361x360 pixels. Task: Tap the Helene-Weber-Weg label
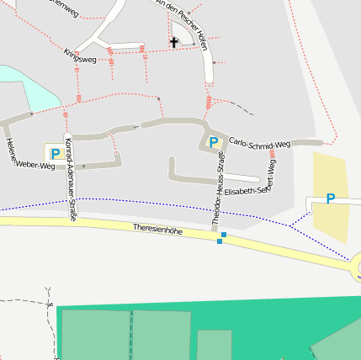click(29, 153)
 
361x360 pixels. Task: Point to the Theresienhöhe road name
click(157, 229)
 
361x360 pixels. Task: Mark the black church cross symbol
click(174, 41)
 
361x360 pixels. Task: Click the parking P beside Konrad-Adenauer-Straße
click(55, 154)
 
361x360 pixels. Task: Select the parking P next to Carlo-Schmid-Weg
click(213, 142)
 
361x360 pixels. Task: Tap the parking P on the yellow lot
click(330, 199)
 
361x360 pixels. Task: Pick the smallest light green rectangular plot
click(215, 344)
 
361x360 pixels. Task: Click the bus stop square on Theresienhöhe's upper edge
click(224, 234)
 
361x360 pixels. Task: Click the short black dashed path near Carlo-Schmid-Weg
click(241, 108)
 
